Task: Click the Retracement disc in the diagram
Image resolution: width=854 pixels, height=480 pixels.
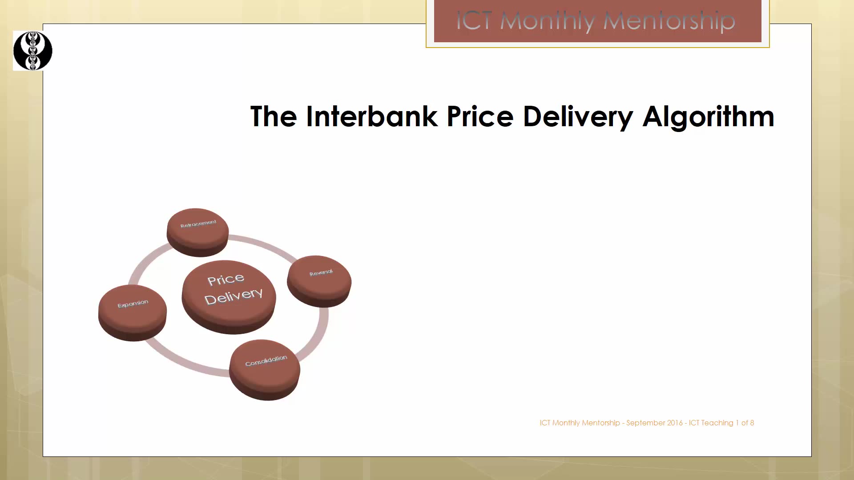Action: click(x=197, y=232)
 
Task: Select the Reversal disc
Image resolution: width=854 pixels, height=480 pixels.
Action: click(x=319, y=281)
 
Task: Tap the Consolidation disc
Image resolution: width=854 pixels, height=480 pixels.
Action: click(x=265, y=370)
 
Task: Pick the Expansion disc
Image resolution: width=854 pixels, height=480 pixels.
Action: click(x=133, y=313)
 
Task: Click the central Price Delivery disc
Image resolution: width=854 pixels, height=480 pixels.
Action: click(x=229, y=297)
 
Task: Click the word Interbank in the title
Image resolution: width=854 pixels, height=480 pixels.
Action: click(x=372, y=116)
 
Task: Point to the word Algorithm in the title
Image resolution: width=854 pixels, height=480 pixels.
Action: click(x=709, y=117)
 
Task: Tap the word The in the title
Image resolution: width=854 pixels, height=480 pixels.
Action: click(x=274, y=116)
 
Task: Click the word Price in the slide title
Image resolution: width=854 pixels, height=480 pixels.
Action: click(x=480, y=116)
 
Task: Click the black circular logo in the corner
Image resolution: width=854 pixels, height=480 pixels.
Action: click(x=33, y=51)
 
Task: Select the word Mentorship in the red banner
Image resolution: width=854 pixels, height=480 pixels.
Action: click(x=669, y=21)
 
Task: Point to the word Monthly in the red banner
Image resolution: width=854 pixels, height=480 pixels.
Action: click(x=548, y=21)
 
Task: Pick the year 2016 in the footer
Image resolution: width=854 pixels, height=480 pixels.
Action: click(x=675, y=423)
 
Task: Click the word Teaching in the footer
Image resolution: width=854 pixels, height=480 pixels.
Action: click(x=717, y=423)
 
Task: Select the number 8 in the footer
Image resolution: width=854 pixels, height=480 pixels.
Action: click(x=752, y=423)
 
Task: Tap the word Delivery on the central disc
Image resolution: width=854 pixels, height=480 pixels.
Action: click(x=234, y=296)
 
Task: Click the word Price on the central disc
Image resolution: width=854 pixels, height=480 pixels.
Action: click(x=226, y=280)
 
